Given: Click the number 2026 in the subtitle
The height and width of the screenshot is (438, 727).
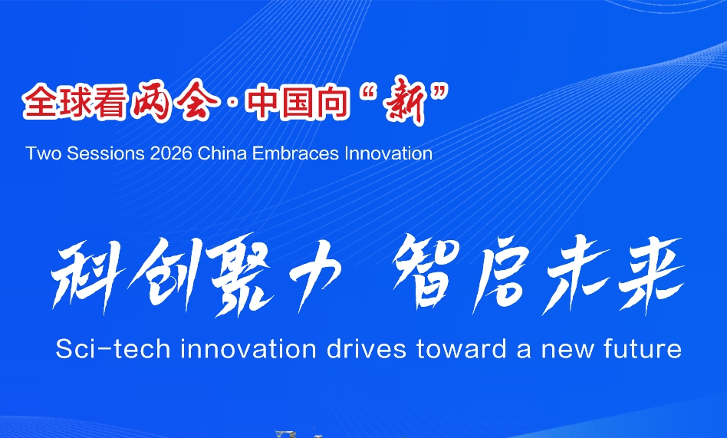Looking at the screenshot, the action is click(171, 153).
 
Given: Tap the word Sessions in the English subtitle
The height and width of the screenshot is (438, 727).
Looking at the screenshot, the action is click(106, 153).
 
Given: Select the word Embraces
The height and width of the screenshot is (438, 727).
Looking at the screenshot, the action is click(295, 153).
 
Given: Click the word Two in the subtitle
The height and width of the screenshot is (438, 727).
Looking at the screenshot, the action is click(44, 153).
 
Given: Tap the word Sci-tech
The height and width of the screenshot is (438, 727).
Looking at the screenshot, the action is click(113, 349).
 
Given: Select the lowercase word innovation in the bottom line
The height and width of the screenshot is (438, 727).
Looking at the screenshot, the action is click(248, 349).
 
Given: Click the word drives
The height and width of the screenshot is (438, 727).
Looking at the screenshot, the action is click(367, 349).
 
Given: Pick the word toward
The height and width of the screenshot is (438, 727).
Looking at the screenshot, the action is click(462, 349).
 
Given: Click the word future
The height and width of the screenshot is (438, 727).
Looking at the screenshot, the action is click(643, 349).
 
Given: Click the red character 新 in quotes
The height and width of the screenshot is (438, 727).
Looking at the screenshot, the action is click(406, 103).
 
